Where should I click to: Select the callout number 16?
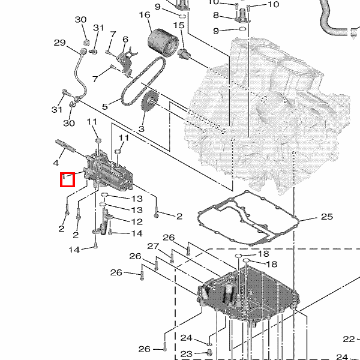[145, 15]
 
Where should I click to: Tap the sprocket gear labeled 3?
[150, 101]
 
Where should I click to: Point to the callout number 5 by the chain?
[105, 107]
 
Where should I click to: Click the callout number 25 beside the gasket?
[327, 217]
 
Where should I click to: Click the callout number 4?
[56, 163]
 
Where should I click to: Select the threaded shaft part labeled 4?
[65, 146]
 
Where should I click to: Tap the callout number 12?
[137, 222]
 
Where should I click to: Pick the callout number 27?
[153, 247]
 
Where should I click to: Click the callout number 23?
[186, 354]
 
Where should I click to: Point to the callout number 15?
[179, 25]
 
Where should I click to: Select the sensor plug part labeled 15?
[184, 54]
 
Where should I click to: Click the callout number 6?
[125, 39]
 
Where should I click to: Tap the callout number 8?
[216, 15]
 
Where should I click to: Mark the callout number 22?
[349, 339]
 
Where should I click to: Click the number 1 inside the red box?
[64, 176]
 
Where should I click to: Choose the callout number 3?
[142, 129]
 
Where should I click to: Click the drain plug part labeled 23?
[209, 352]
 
